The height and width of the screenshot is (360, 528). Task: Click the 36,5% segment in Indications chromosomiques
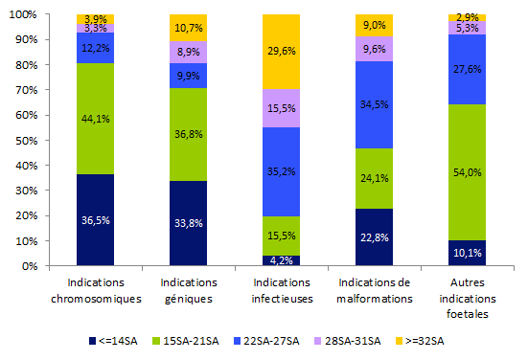point(95,220)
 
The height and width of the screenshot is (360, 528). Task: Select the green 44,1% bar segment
point(95,119)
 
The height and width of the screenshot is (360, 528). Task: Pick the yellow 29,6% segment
point(281,52)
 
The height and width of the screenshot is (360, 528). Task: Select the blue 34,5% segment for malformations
point(374,104)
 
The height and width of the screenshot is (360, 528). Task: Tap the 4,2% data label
point(281,259)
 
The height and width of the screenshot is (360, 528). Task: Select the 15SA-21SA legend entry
point(187,340)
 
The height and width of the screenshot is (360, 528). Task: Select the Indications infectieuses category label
point(281,289)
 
